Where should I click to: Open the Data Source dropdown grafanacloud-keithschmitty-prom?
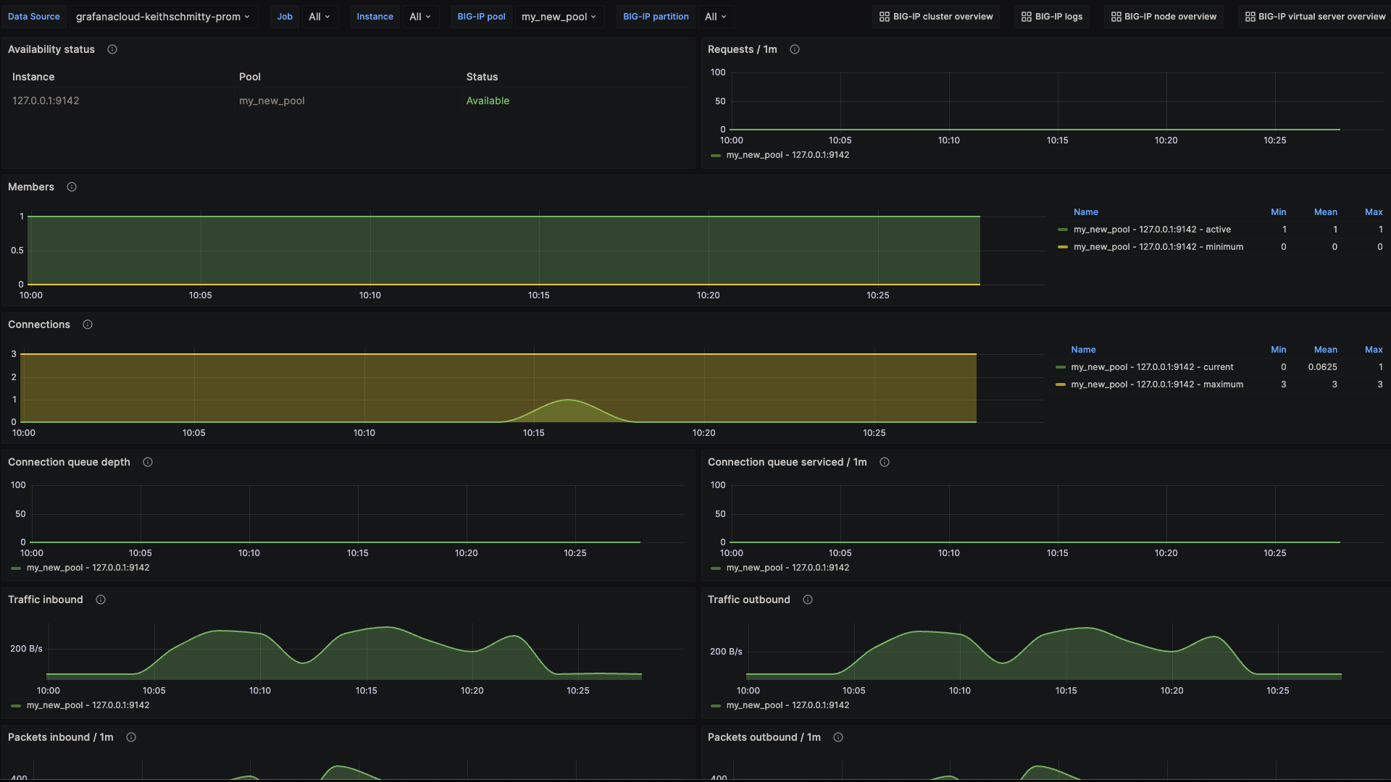click(x=163, y=17)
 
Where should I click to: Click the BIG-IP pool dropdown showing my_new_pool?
click(x=559, y=17)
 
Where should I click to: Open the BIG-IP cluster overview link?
click(x=936, y=17)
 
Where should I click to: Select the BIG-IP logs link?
click(x=1052, y=17)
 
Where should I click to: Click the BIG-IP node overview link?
click(x=1164, y=17)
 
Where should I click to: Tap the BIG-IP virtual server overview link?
click(x=1315, y=17)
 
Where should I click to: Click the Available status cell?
click(x=488, y=101)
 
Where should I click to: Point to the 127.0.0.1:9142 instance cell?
click(x=46, y=101)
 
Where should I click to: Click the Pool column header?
click(x=250, y=77)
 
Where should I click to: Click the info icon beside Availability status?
click(x=112, y=49)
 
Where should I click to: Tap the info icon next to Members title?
click(x=72, y=187)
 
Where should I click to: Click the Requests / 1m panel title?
click(x=742, y=49)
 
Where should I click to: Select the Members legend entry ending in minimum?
click(x=1158, y=247)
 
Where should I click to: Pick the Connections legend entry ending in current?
click(x=1152, y=367)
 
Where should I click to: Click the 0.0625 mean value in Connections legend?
click(x=1322, y=367)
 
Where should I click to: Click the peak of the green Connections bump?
click(x=569, y=400)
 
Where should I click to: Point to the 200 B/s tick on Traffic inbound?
click(x=26, y=649)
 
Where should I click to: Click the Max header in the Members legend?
click(x=1374, y=212)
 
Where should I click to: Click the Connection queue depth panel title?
click(x=69, y=462)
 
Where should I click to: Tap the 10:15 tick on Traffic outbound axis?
click(x=1066, y=691)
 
